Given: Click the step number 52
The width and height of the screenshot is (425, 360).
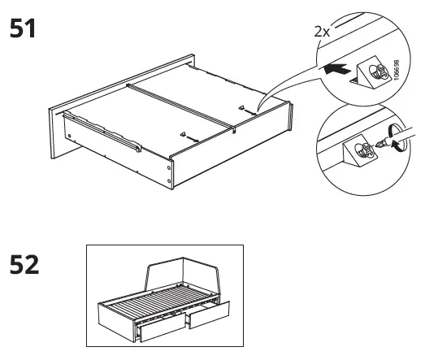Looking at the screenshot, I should (24, 265).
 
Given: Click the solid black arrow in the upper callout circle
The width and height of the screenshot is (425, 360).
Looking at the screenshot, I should (334, 72).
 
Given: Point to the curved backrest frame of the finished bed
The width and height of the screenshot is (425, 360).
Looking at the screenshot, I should (187, 268).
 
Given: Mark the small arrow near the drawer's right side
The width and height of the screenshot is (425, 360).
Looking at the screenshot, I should (241, 107).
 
